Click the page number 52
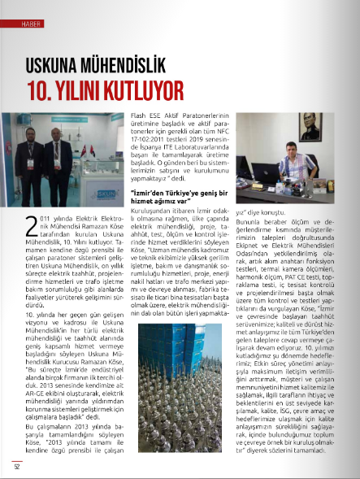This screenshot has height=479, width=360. [x=16, y=465]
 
